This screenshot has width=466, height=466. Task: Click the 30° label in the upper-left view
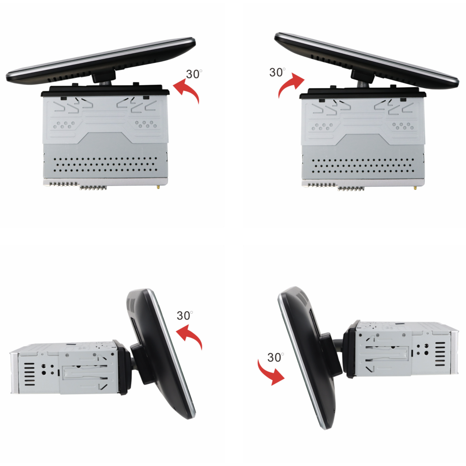pos(194,74)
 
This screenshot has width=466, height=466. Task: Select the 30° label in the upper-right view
pos(277,72)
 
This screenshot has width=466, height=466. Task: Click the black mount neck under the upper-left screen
pos(103,77)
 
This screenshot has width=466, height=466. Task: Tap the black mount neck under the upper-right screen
pos(362,76)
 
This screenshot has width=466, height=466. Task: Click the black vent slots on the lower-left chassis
pos(29,374)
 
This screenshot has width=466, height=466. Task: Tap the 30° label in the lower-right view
pos(275,357)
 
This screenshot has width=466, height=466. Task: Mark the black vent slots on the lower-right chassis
pos(440,354)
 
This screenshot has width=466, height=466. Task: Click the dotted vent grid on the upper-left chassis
pos(105,164)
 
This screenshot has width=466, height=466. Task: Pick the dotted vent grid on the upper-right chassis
pos(363,165)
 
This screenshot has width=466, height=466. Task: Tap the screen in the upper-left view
pos(101,61)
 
